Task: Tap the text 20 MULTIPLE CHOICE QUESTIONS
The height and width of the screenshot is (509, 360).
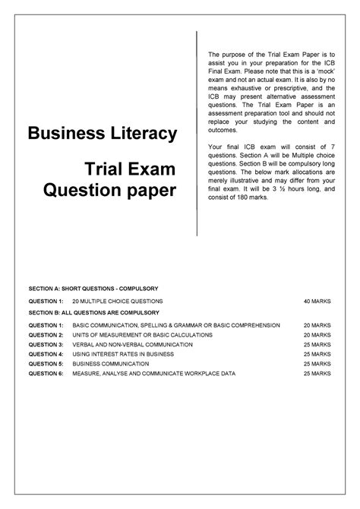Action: [x=112, y=302]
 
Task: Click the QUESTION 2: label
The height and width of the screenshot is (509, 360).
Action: [x=45, y=335]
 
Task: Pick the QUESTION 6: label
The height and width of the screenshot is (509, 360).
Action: [x=45, y=374]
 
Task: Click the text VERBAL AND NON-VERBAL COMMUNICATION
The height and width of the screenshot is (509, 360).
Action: [x=132, y=345]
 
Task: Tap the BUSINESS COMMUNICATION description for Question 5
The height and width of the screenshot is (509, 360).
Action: [x=111, y=364]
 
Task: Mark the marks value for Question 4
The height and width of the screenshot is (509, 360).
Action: [x=317, y=355]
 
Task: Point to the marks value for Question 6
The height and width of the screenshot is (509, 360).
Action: [x=317, y=374]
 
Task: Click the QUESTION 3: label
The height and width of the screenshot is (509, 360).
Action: [x=45, y=345]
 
